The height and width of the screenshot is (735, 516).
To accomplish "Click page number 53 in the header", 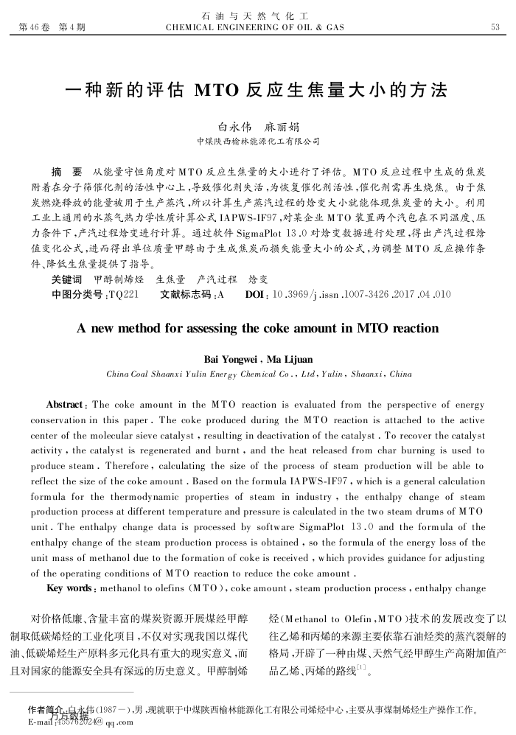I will [x=495, y=27].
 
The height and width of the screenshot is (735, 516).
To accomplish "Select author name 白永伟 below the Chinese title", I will [x=235, y=125].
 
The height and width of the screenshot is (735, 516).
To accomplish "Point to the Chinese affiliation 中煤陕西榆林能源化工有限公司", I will [x=257, y=140].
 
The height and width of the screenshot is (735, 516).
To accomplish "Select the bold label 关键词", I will [x=66, y=280].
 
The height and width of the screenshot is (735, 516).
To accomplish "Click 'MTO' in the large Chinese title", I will [x=217, y=91].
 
